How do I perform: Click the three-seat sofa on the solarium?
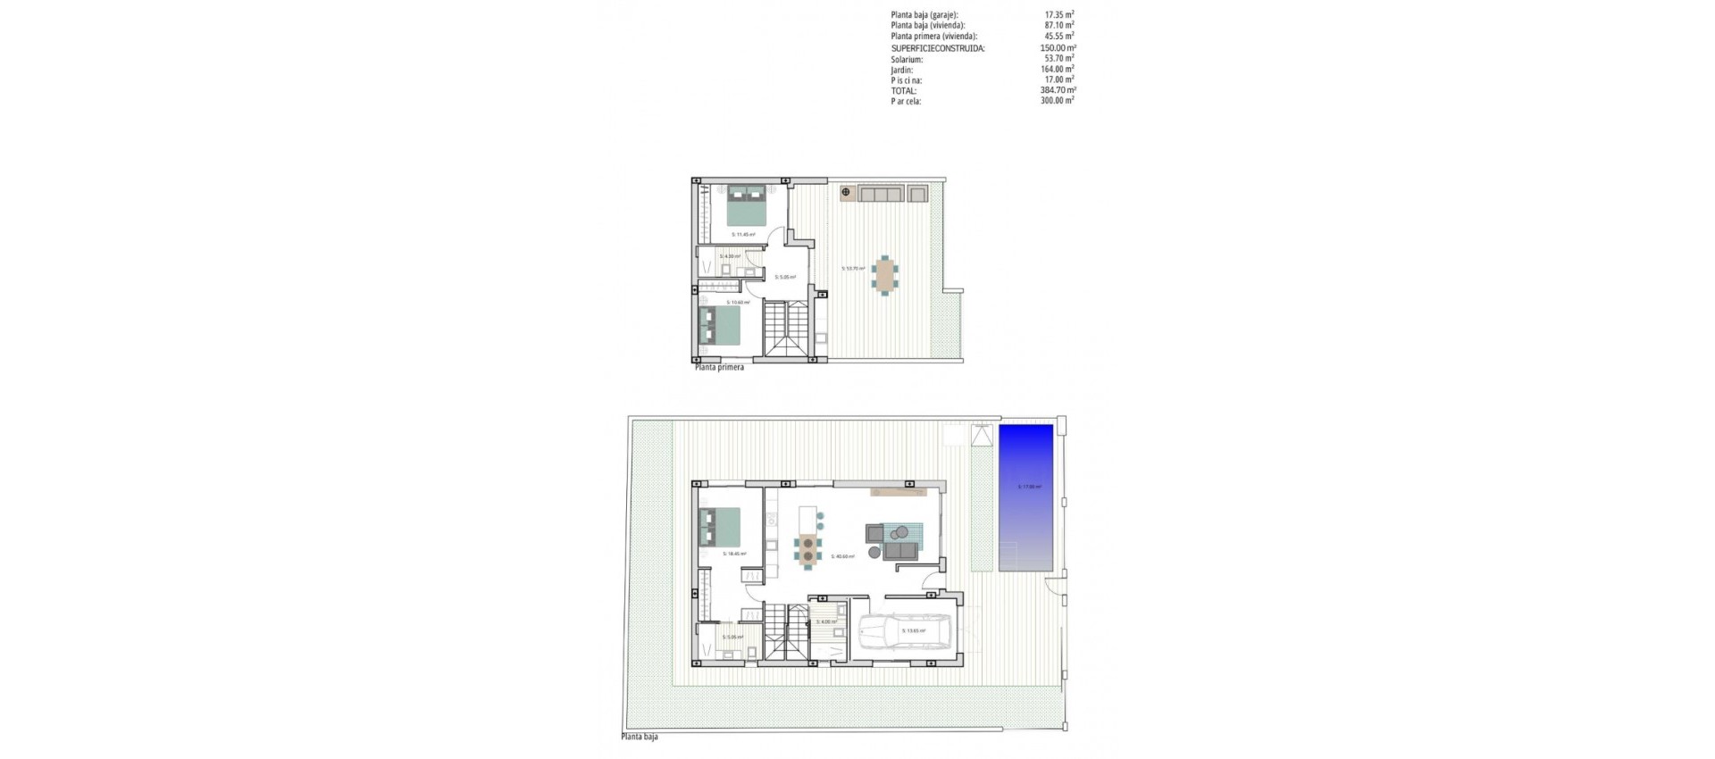[x=881, y=194]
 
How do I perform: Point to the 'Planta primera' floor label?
[x=719, y=366]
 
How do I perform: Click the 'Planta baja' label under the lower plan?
[x=640, y=738]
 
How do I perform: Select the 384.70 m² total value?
[x=1058, y=90]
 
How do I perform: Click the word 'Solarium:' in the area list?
[x=907, y=59]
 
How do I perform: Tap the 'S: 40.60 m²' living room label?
[x=842, y=556]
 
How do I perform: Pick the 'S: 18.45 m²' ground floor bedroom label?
[x=734, y=554]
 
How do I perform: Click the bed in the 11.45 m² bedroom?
[x=744, y=204]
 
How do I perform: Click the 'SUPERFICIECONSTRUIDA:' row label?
[x=938, y=48]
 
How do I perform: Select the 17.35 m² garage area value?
[x=1059, y=15]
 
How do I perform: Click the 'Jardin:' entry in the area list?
[x=902, y=70]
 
